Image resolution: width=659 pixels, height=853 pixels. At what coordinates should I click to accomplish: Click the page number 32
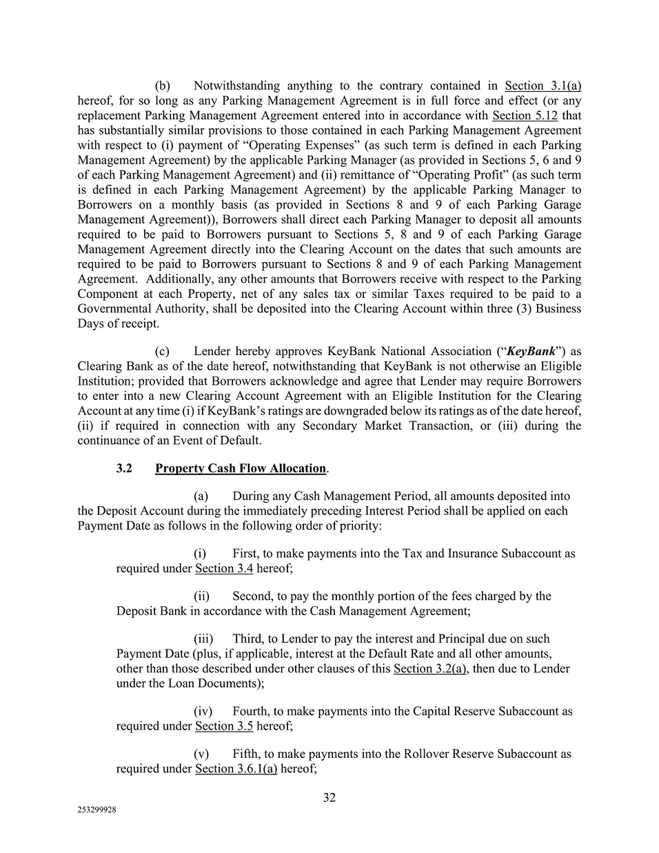[x=329, y=798]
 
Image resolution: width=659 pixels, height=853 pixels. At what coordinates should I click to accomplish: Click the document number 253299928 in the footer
[x=97, y=811]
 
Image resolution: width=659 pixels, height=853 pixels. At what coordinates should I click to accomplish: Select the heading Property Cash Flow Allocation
[x=241, y=468]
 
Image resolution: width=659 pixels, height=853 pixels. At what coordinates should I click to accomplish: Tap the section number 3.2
[x=124, y=468]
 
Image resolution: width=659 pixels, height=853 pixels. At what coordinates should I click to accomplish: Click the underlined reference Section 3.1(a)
[x=543, y=86]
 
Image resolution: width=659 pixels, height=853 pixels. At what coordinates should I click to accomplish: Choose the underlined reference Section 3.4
[x=224, y=568]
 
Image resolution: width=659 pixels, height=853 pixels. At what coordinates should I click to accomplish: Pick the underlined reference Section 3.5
[x=224, y=726]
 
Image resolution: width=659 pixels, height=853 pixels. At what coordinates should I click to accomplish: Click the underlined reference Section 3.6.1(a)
[x=236, y=769]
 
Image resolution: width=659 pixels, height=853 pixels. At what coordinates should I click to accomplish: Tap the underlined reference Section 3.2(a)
[x=429, y=669]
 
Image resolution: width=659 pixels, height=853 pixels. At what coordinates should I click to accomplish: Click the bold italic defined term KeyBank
[x=531, y=351]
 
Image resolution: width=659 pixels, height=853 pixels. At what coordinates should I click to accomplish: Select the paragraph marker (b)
[x=163, y=86]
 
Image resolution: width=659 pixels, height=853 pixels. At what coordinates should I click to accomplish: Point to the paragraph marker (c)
[x=163, y=351]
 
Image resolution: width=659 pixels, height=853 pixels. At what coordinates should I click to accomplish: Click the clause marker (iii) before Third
[x=203, y=639]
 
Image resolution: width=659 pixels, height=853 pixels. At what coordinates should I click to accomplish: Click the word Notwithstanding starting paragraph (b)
[x=236, y=86]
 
